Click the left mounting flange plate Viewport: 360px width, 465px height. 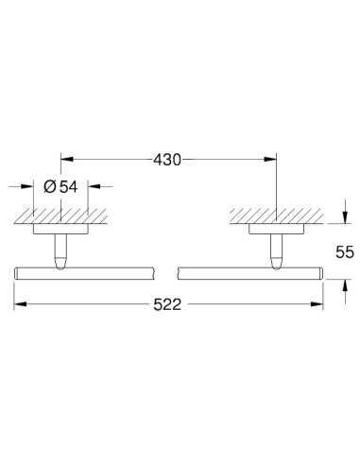coord(61,227)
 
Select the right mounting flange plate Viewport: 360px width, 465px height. coord(277,227)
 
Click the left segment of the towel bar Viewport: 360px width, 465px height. coord(85,273)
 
